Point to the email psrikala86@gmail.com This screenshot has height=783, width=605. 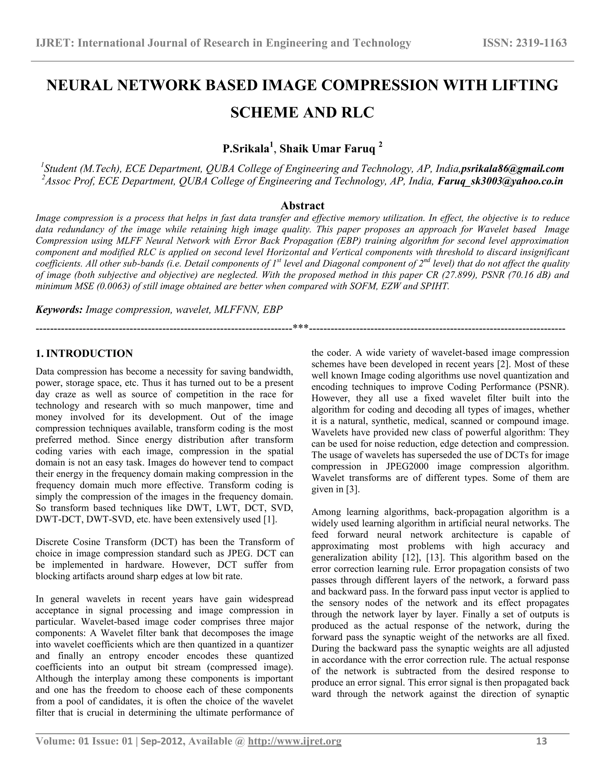tap(513, 168)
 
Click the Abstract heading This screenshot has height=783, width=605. tap(302, 205)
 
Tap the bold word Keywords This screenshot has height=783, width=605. tap(59, 309)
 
